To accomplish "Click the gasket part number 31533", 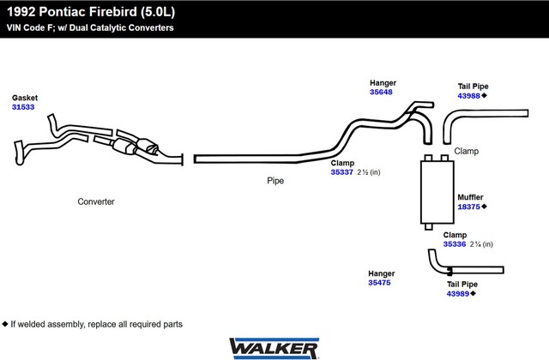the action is pos(23,107).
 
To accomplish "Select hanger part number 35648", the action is pos(381,92).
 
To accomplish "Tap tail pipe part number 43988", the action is pos(469,96).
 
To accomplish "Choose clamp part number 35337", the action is pos(341,172).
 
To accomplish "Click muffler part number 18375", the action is pos(469,207).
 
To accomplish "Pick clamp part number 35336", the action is pos(455,244).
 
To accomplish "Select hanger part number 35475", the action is pos(379,283).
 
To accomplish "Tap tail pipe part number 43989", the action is pos(457,294).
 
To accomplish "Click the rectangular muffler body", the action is pos(437,192).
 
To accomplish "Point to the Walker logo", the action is pos(274,349).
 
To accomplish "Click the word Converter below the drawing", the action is pos(96,201).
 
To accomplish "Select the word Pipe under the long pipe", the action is pos(275,181).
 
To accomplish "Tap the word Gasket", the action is pos(25,98).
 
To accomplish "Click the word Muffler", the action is pos(470,197).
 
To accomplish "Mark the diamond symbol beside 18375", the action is pos(484,207).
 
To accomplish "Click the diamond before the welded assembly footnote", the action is pos(5,324).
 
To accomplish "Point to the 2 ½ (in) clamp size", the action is pos(369,172).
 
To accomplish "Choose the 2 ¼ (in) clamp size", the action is pos(481,244).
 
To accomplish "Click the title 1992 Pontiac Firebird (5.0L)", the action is pos(91,12).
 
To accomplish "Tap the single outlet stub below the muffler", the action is pos(429,226).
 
